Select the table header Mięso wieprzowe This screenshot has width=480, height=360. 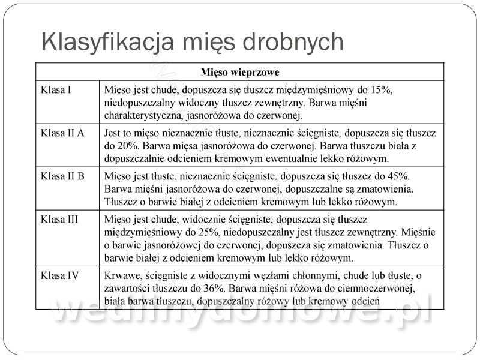[240, 73]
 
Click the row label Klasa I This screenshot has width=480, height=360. [56, 90]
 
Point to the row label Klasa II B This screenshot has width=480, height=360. [62, 177]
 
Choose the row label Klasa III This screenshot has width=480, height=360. [59, 220]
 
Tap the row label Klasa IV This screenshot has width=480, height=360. [59, 275]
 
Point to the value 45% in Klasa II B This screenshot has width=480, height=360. [395, 177]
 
